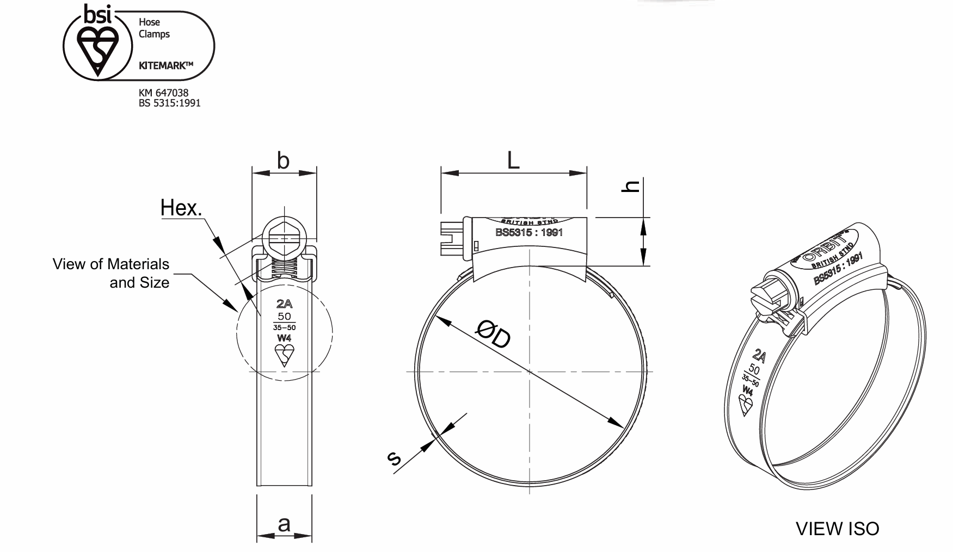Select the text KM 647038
[163, 93]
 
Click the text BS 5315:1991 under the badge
[169, 103]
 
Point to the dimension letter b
[283, 160]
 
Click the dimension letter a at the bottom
[284, 524]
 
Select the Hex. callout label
[181, 208]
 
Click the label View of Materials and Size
[112, 273]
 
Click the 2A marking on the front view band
[284, 303]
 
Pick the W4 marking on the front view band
[284, 338]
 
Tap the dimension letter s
[394, 458]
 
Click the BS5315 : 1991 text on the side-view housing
[528, 233]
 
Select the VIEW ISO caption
[837, 528]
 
